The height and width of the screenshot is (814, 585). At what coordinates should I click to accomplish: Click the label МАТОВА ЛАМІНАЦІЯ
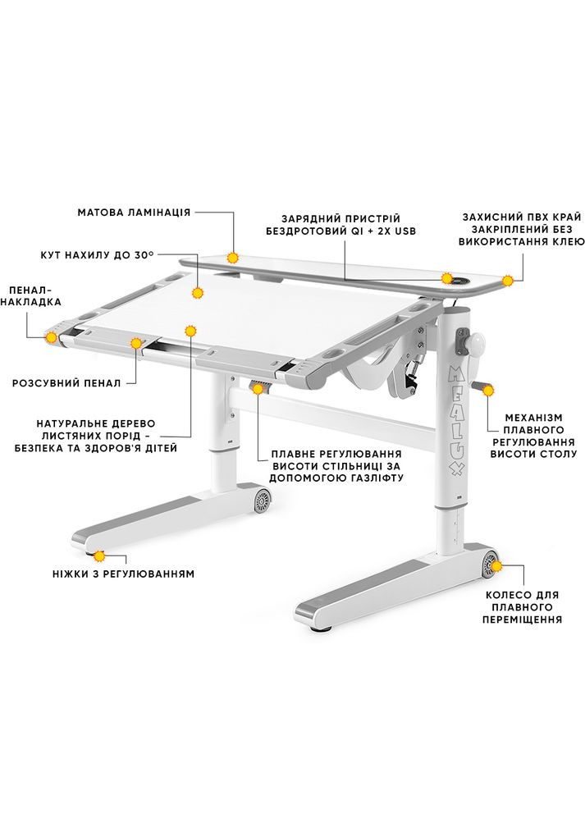click(x=134, y=212)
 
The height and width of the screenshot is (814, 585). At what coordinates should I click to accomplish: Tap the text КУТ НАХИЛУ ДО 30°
click(x=97, y=255)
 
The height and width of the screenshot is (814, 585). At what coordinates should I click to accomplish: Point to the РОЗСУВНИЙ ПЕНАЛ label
click(x=66, y=382)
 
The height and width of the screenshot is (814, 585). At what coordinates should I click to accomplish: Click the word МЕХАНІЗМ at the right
click(x=532, y=414)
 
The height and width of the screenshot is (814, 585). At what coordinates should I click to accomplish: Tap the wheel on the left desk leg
click(x=263, y=498)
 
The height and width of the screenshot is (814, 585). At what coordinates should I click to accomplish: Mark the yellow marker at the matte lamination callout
click(x=234, y=257)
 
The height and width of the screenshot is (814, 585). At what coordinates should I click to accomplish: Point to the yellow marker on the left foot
click(x=99, y=556)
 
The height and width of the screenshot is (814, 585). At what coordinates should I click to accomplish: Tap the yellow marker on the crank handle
click(x=489, y=391)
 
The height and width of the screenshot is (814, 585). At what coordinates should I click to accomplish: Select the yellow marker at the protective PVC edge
click(x=508, y=280)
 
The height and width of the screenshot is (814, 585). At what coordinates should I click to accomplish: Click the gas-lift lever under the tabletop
click(x=260, y=387)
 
